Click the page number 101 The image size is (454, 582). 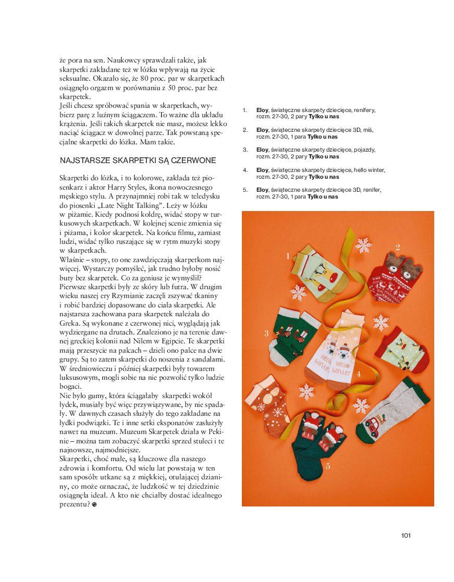click(406, 535)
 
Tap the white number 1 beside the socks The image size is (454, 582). click(287, 256)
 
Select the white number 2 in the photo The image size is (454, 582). click(398, 247)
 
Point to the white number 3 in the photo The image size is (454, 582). click(266, 333)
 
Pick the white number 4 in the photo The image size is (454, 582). click(359, 374)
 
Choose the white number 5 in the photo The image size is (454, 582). click(328, 466)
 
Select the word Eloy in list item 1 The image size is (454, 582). click(262, 110)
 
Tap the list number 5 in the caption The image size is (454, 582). click(245, 190)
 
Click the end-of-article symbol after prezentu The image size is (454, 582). click(94, 505)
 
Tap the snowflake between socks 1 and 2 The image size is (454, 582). click(363, 245)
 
